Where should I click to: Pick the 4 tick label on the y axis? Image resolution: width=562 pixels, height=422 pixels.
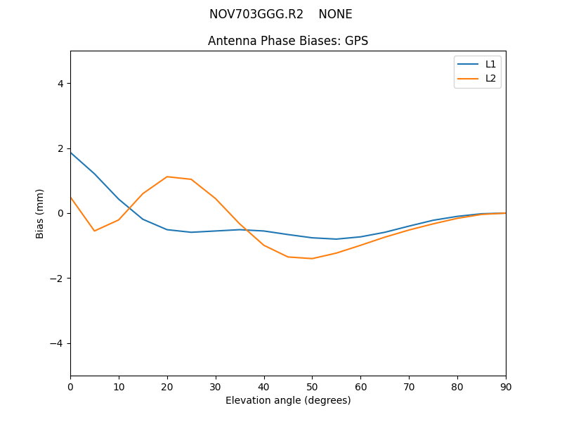pos(60,84)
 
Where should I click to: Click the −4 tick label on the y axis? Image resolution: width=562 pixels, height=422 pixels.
pos(58,343)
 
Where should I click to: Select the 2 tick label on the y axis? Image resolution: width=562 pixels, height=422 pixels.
pos(60,148)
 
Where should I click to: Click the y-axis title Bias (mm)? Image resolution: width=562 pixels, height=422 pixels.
pos(41,213)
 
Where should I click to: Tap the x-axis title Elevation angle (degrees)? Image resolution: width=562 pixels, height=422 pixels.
pos(288,400)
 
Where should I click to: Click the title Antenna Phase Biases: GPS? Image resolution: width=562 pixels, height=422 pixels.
pos(288,41)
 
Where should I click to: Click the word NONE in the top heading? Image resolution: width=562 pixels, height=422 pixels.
pos(336,14)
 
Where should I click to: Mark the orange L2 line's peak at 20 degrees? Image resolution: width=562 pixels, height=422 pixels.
pos(167,177)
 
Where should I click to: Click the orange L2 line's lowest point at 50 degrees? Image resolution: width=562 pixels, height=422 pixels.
pos(312,259)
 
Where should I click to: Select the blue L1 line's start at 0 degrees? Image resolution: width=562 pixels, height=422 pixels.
pos(70,153)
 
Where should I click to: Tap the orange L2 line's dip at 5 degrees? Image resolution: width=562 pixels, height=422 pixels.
pos(94,231)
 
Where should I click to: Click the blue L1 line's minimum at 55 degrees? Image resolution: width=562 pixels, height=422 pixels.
pos(336,239)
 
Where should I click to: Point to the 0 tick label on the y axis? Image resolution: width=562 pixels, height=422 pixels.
pos(60,213)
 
